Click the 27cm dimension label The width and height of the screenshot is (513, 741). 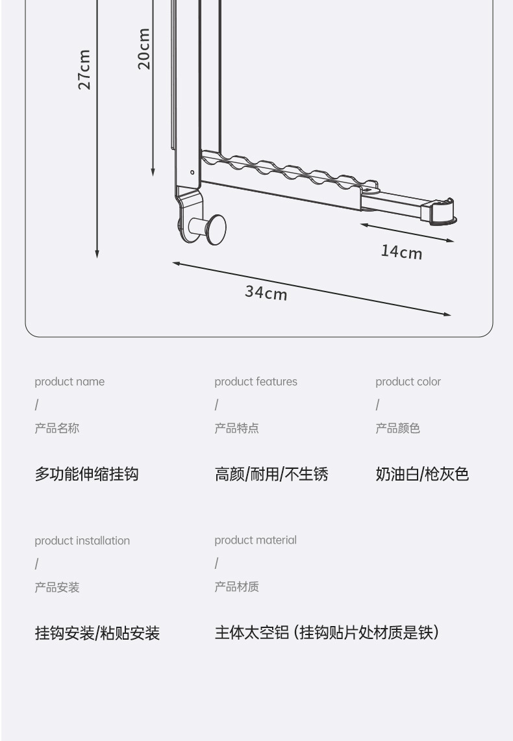pos(84,69)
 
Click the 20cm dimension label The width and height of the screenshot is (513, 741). pos(144,48)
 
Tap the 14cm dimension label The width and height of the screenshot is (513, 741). pos(401,251)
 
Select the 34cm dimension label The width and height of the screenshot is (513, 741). pos(266,293)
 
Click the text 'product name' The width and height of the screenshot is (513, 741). pos(69,382)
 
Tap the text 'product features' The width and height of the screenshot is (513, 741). pos(256,382)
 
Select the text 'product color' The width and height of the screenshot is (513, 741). pos(408,382)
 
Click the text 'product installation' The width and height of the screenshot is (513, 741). pos(82,541)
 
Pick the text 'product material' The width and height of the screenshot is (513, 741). pos(256,540)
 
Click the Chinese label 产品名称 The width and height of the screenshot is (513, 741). pos(57,429)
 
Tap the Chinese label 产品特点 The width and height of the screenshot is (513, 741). pos(237,429)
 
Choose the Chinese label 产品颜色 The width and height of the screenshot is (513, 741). pos(397,429)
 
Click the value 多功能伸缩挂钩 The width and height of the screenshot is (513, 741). pos(86,474)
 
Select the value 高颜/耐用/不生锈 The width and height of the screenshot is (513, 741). pos(271,474)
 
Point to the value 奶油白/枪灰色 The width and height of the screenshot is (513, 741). pos(422,474)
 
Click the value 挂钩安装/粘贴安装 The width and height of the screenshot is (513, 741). pos(97,633)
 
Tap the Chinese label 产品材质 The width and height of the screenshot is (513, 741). pos(237,587)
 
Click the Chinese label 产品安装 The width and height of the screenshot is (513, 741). pos(57,588)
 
